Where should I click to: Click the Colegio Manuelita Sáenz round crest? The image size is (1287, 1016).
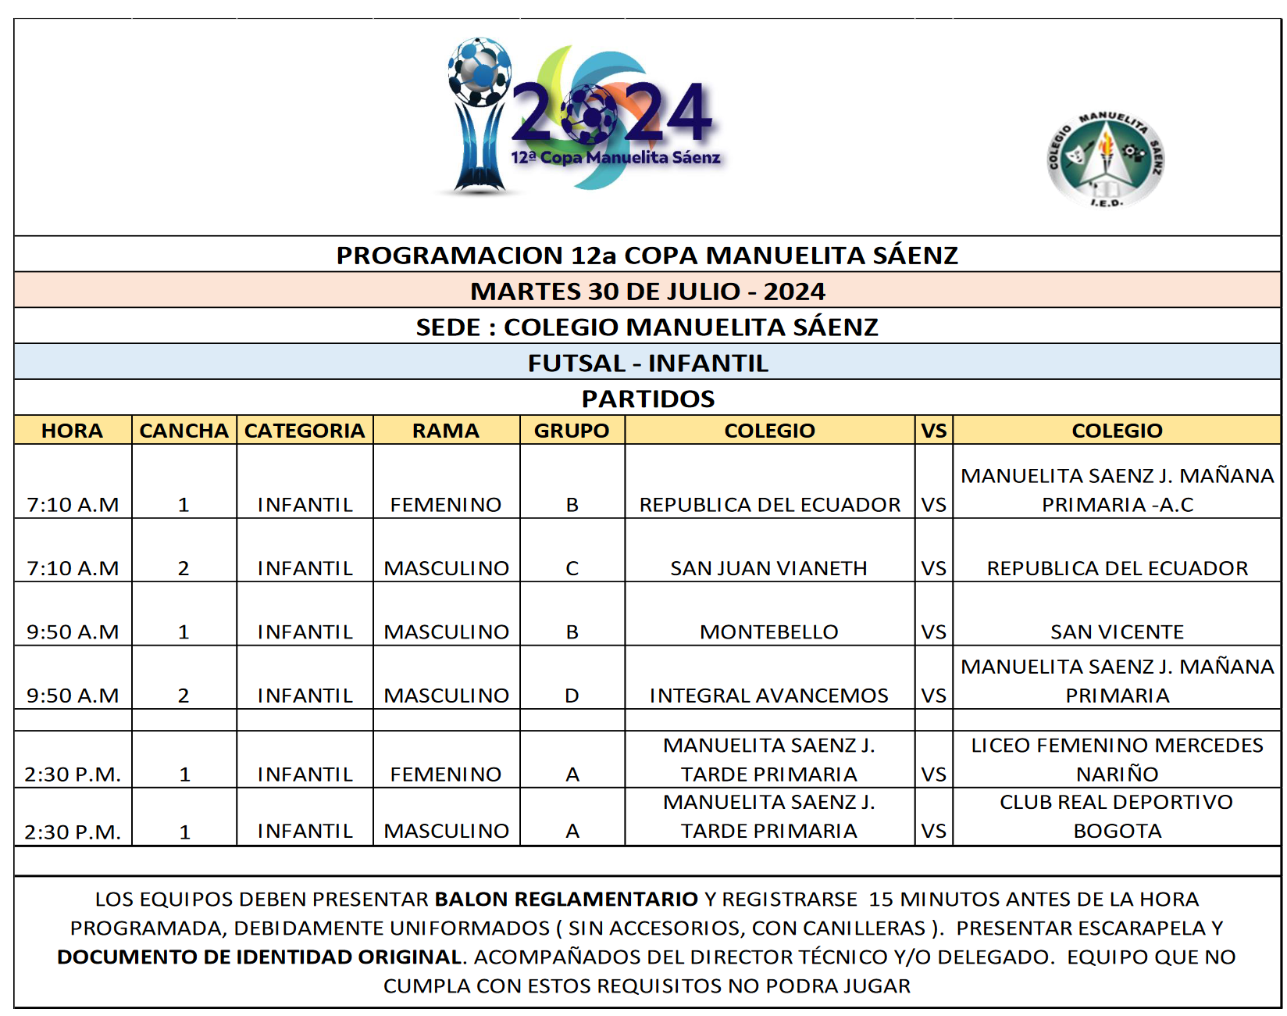1105,159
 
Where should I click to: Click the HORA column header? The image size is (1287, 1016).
72,431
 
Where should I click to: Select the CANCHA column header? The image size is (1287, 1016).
184,431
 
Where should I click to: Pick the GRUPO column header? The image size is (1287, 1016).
572,431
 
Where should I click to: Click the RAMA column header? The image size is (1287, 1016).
446,431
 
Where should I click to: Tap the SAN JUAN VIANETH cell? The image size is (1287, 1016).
769,568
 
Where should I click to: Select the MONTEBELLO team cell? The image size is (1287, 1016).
769,631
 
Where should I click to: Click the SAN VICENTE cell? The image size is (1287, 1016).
1117,631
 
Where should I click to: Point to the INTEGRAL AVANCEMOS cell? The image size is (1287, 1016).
769,695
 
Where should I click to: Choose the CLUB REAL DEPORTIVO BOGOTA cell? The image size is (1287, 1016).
1117,816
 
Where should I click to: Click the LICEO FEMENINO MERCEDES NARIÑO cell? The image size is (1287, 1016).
1117,759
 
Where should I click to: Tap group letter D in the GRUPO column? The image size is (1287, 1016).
572,695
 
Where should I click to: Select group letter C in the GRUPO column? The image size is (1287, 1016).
572,568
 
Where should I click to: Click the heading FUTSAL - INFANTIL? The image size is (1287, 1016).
647,363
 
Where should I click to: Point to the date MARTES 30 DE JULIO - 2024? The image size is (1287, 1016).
647,291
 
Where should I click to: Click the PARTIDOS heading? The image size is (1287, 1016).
647,399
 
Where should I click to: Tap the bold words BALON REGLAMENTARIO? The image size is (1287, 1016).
566,899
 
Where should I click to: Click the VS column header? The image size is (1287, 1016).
934,431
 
